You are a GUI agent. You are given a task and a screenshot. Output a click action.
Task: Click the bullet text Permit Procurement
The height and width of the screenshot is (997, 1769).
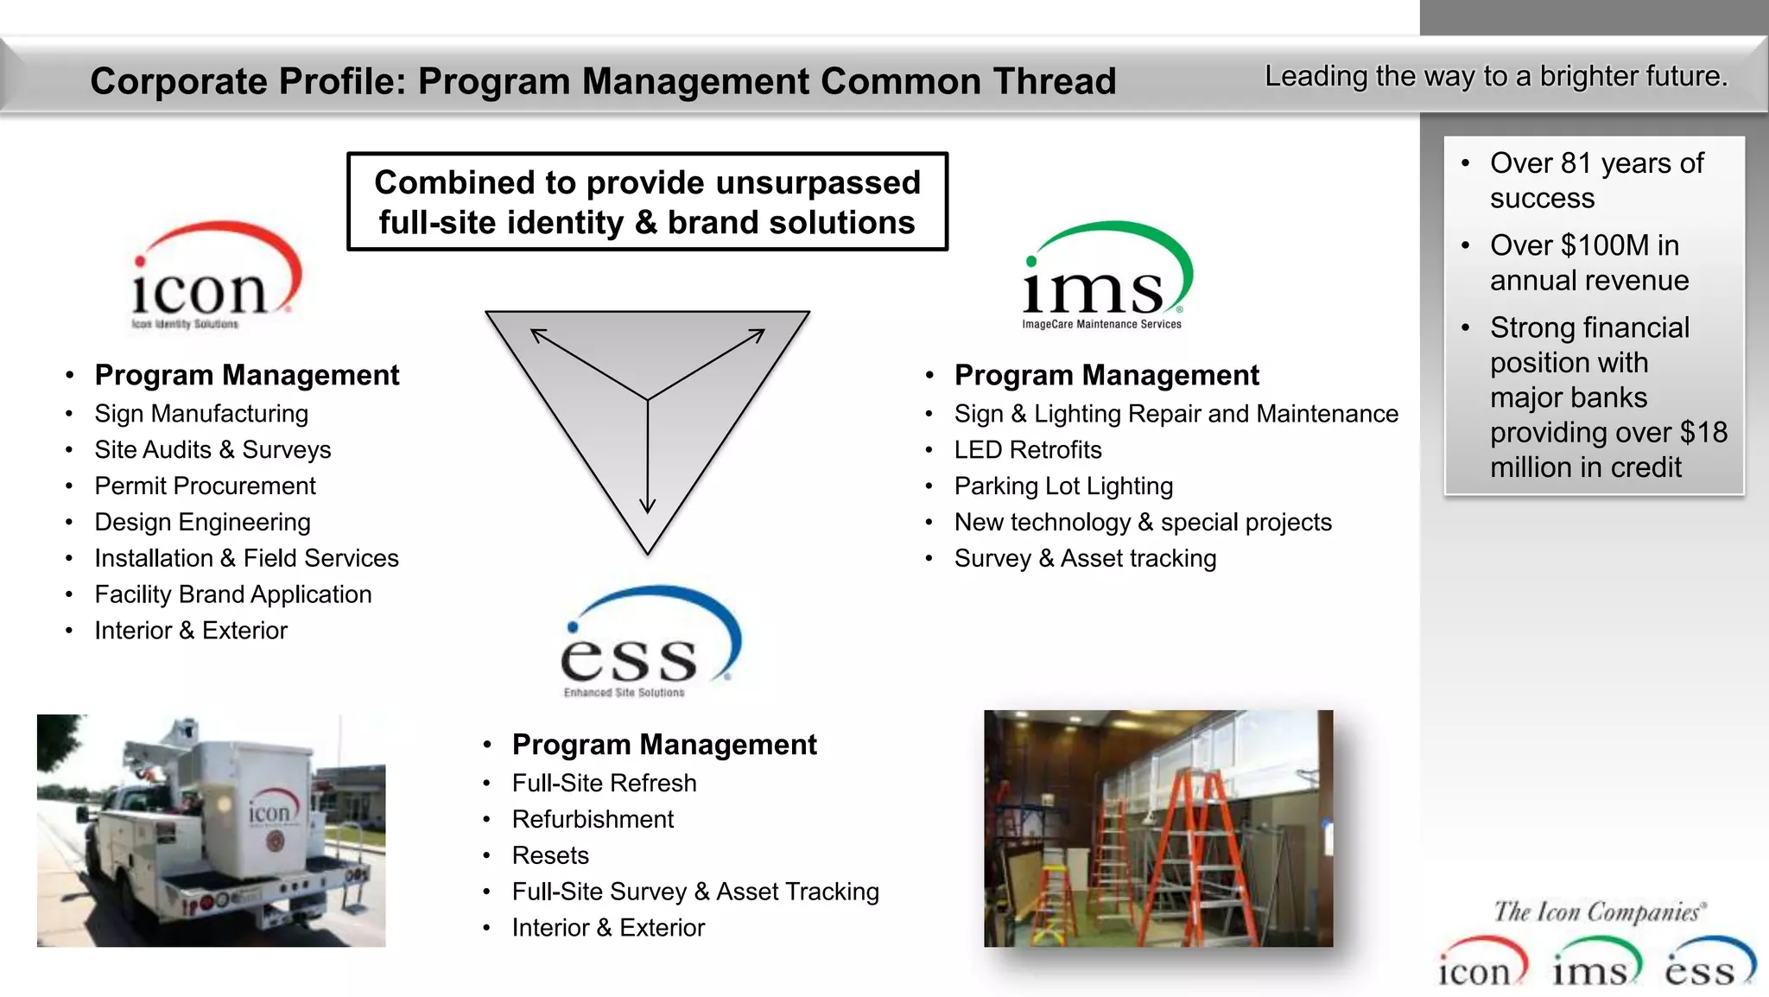click(205, 486)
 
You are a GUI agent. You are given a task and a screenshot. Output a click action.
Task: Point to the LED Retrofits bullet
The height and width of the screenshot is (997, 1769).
click(1027, 449)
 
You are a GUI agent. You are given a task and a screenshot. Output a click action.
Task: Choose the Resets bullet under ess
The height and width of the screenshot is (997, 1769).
click(550, 855)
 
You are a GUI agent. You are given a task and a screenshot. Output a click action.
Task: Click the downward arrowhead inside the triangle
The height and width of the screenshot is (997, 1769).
click(648, 506)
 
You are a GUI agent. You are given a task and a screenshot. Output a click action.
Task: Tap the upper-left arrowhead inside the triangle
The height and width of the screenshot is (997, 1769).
click(537, 335)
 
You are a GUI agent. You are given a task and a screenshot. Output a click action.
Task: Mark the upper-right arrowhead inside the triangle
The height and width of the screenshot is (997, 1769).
click(758, 335)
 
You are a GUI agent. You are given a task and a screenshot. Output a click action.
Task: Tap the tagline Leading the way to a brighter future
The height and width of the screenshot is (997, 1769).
click(1496, 77)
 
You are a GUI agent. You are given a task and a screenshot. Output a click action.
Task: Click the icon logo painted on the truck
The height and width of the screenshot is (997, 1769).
click(270, 813)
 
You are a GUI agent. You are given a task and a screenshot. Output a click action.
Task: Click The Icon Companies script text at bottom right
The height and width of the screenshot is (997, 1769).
click(1598, 912)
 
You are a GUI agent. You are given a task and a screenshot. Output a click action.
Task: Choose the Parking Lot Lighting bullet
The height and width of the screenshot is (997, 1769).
click(1063, 486)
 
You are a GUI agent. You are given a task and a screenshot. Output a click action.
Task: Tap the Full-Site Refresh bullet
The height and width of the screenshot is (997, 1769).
click(604, 783)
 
